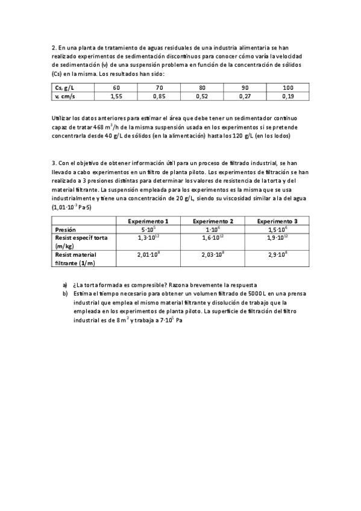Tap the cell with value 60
click(x=116, y=88)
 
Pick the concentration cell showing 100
click(x=287, y=88)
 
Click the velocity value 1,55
click(x=116, y=96)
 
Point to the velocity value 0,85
click(x=159, y=96)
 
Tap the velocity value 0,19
click(x=287, y=96)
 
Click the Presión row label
click(x=66, y=230)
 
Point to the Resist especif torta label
click(x=81, y=238)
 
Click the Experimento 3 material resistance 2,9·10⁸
click(x=277, y=255)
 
